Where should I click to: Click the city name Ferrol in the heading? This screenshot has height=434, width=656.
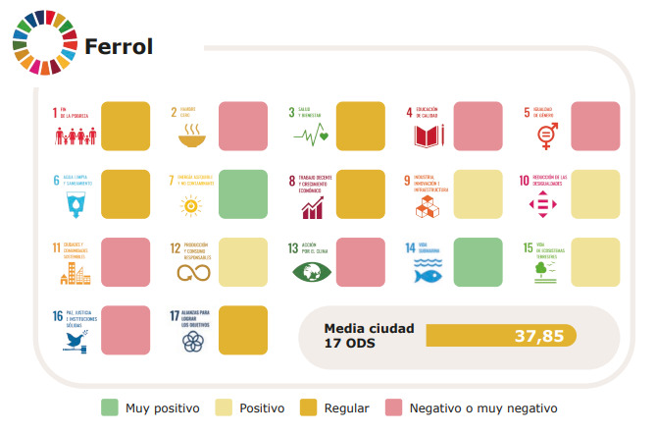coord(119,47)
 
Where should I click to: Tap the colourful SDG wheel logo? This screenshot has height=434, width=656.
coord(39,42)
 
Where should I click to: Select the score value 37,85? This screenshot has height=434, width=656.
coord(538,336)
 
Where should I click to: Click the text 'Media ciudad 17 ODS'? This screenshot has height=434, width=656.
coord(369,336)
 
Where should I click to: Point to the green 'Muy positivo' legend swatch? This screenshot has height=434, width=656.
coord(110,407)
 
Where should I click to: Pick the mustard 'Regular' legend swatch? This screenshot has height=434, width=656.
coord(306,407)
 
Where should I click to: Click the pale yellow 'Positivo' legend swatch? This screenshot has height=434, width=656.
coord(224,407)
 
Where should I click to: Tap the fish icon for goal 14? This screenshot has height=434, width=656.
coord(429,274)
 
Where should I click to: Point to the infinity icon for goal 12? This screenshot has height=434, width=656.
coord(190,274)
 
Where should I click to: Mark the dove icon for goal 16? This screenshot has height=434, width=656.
coord(73,341)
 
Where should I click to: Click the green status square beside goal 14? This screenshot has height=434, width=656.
coord(477,261)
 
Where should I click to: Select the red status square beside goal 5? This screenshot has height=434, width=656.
coord(595,126)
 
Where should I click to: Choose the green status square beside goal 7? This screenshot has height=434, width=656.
coord(242,193)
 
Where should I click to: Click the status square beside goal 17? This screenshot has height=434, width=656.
coord(242,330)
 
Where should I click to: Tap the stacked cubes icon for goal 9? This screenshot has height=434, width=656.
coord(428,206)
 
